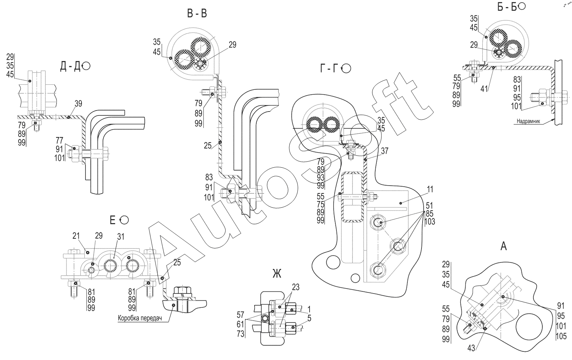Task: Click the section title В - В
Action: click(197, 14)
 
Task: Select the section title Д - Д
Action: click(70, 66)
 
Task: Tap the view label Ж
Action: click(277, 274)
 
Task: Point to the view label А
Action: click(503, 246)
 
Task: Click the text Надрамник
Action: click(528, 121)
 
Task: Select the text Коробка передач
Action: click(140, 319)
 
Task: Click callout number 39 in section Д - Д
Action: click(78, 104)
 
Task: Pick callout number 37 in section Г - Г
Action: click(385, 151)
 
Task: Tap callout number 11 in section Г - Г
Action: click(430, 189)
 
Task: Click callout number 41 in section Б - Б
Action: click(484, 89)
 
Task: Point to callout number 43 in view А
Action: click(472, 348)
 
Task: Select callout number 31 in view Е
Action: click(120, 237)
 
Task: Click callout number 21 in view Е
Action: click(76, 236)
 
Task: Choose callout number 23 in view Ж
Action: click(296, 287)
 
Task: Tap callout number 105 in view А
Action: click(561, 336)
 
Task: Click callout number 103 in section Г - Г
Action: click(430, 221)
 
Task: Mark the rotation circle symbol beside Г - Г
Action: click(346, 68)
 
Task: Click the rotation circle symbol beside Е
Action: click(124, 220)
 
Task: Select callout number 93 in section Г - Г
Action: click(321, 177)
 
